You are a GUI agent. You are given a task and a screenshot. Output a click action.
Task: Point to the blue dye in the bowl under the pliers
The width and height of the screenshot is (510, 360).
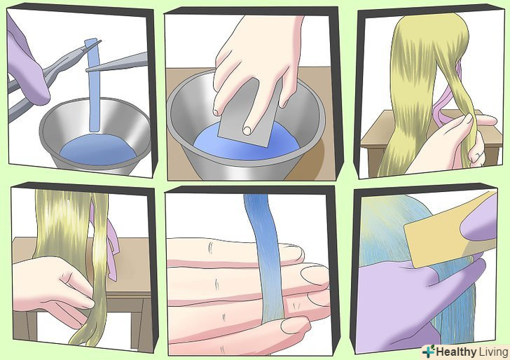coord(97,150)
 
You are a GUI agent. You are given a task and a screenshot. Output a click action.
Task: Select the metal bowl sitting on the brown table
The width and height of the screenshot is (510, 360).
coord(246,127)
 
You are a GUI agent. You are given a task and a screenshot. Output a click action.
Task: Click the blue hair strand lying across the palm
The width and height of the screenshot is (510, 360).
coord(265,257)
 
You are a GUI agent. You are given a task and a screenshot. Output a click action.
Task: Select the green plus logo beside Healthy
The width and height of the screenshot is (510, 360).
coord(428,352)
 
